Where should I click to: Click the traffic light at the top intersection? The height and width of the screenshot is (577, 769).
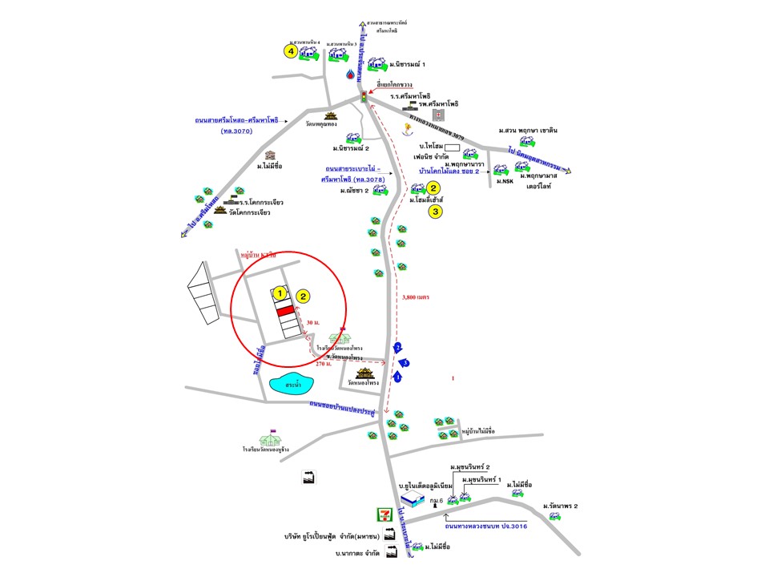pos(364,96)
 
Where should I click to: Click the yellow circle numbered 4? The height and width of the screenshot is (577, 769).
pos(292,51)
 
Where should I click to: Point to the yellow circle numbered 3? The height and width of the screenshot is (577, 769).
pos(435,212)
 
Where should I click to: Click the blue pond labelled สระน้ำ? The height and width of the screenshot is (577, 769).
pos(292,385)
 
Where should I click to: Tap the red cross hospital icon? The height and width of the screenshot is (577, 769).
pos(438,115)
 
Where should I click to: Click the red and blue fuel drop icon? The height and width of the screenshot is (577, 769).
pos(351,73)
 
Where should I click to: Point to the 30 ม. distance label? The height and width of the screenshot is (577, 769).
pos(312,322)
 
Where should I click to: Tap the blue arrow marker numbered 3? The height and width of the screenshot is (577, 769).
pos(405,363)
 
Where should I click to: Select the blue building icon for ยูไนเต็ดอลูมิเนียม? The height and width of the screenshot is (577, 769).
pos(413,499)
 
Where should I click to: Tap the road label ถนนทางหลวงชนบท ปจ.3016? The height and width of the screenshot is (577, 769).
pos(485,527)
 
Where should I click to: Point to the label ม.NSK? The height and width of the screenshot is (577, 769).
pos(505,182)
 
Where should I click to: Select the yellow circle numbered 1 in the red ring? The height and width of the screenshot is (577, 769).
pos(280,293)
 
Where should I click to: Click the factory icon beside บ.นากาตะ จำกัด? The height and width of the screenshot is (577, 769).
pos(392,552)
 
